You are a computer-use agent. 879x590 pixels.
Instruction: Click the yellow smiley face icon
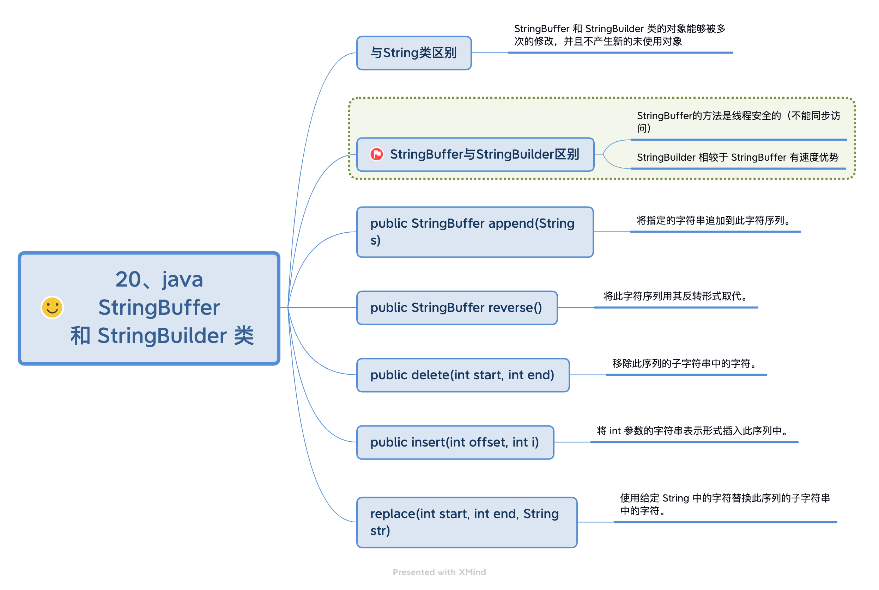(52, 307)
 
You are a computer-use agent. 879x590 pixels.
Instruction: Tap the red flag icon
(376, 154)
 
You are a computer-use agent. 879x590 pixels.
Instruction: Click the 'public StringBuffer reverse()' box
(456, 308)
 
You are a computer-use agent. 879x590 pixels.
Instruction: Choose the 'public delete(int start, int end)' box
(462, 375)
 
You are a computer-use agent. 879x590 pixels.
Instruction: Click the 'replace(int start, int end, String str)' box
(466, 522)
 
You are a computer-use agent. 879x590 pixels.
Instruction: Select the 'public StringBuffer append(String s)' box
(474, 232)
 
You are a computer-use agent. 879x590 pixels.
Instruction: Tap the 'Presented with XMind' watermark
(439, 572)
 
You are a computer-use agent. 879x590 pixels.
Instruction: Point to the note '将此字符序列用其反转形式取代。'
(675, 296)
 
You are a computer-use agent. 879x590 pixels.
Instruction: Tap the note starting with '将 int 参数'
(693, 431)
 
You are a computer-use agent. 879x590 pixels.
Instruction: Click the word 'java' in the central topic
(183, 279)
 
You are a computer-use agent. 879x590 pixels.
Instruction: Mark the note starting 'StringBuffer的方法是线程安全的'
(738, 122)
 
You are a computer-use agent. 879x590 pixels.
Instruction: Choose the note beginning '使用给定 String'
(725, 504)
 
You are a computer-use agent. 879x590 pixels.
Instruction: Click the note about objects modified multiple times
(619, 35)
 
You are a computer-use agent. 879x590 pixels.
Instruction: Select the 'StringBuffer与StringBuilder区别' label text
(484, 154)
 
